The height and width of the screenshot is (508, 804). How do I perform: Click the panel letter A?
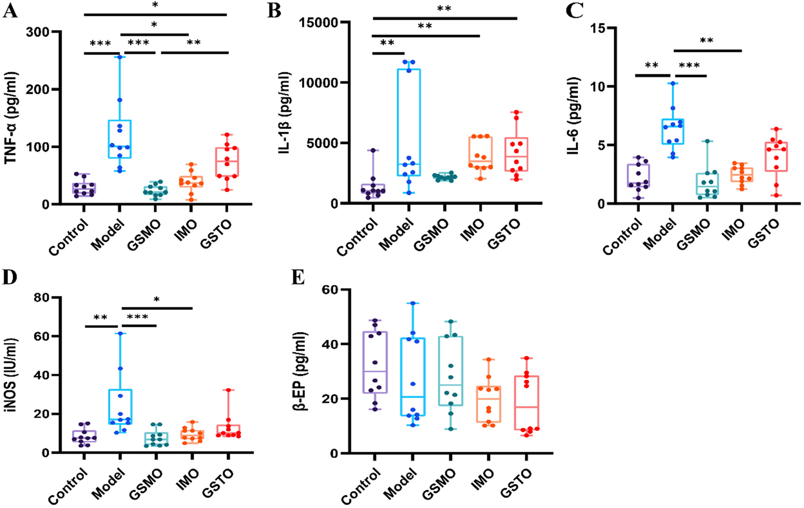tap(10, 11)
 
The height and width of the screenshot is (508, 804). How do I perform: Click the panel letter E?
tap(298, 277)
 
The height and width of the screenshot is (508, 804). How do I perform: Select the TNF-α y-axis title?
tap(11, 118)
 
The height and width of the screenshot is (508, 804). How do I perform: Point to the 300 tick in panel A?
tap(38, 32)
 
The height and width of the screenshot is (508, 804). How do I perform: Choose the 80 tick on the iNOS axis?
tap(41, 298)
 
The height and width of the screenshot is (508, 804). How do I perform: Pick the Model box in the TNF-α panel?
tap(119, 139)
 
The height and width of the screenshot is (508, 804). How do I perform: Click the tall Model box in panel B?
tap(409, 122)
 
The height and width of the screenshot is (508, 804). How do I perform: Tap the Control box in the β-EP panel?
tap(375, 362)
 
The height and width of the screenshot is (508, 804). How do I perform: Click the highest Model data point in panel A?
tap(119, 57)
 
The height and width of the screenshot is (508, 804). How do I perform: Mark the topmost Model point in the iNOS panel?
tap(120, 333)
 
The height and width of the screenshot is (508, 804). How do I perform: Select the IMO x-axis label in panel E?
tap(482, 479)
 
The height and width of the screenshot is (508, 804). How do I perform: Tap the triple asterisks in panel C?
tap(690, 65)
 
